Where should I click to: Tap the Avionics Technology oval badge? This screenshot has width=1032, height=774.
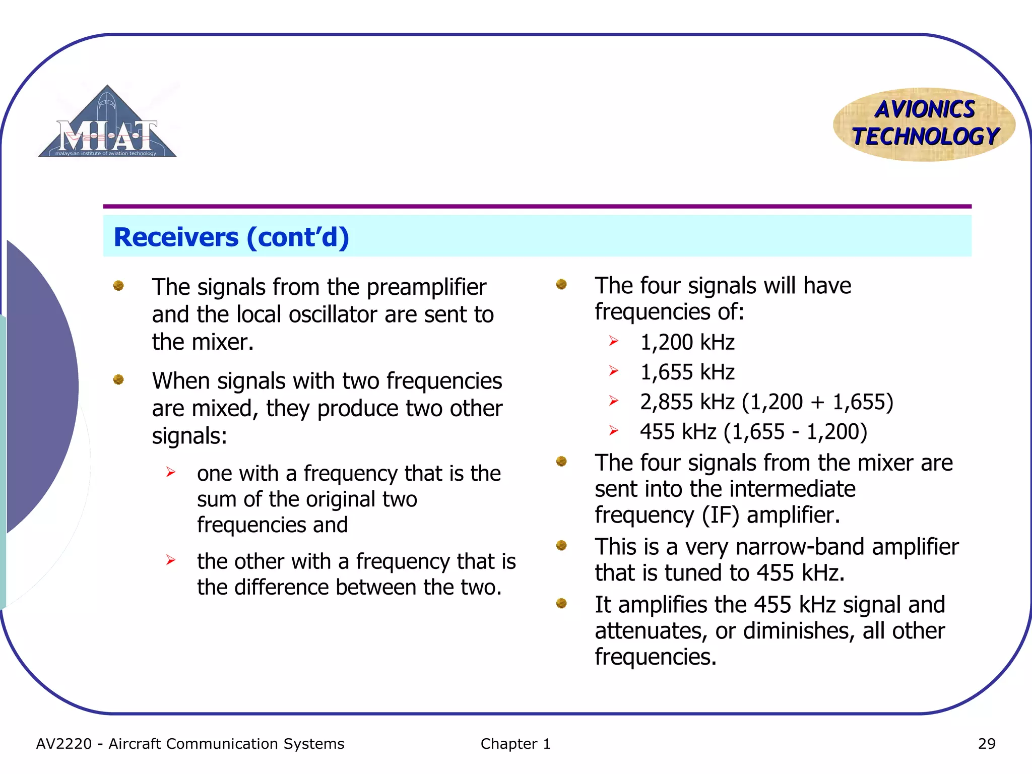(x=924, y=124)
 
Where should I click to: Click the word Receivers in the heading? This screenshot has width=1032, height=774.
(x=176, y=237)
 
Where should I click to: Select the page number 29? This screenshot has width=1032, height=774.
(x=986, y=744)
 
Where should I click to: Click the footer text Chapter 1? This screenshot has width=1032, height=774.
(x=515, y=744)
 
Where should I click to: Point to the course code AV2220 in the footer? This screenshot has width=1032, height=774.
(x=64, y=744)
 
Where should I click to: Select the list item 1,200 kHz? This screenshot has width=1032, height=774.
(x=687, y=343)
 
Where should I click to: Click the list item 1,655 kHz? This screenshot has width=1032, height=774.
(x=687, y=372)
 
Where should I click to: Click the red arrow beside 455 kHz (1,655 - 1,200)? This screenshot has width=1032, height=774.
(x=613, y=431)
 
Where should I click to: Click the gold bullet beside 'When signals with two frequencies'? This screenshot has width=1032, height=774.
(x=118, y=379)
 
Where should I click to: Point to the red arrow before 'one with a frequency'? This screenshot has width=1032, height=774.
(x=171, y=472)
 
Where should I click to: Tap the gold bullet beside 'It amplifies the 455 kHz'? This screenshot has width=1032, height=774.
(x=561, y=603)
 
